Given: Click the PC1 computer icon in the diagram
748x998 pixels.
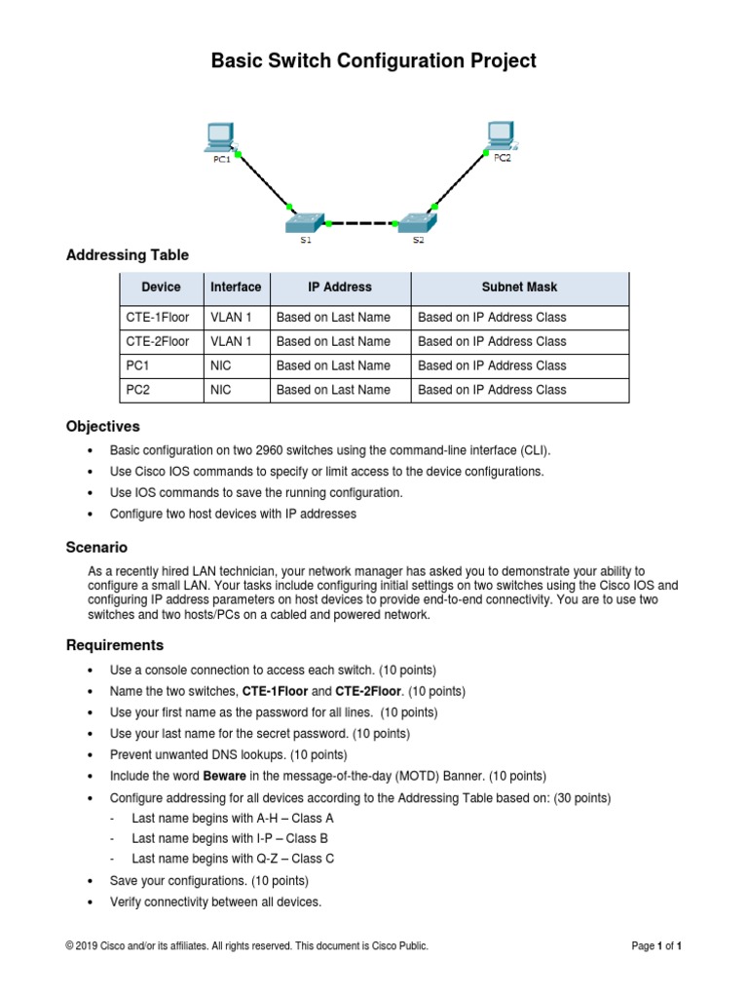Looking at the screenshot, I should click(x=221, y=136).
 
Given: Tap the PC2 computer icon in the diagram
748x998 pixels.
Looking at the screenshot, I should click(x=501, y=134).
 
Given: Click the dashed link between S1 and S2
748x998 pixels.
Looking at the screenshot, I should click(x=361, y=224).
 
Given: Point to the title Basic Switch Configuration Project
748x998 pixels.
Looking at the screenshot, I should click(x=374, y=60).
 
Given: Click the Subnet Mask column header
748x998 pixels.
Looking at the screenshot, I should click(x=519, y=288).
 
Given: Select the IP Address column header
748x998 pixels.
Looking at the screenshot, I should click(x=340, y=288).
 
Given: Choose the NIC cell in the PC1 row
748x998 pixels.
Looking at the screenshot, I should click(x=220, y=365).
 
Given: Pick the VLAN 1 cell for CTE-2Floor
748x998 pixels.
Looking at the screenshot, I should click(x=231, y=342).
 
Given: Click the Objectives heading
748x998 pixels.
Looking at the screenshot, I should click(x=102, y=427).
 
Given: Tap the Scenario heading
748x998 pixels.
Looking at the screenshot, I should click(x=96, y=548).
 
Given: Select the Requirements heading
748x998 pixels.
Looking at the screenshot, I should click(x=115, y=645).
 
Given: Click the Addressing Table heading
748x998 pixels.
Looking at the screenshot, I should click(x=127, y=255).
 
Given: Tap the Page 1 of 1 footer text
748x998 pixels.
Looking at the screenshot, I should click(x=655, y=945).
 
